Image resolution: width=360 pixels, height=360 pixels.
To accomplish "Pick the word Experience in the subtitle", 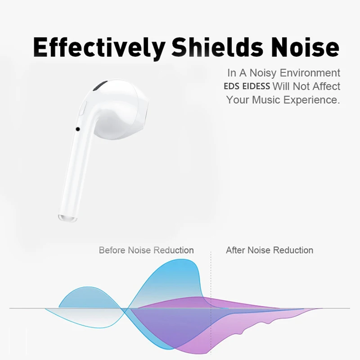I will click(311, 100).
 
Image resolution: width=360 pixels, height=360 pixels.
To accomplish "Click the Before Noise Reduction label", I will click(146, 250).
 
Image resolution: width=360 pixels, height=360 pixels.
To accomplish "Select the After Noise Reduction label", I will click(269, 250).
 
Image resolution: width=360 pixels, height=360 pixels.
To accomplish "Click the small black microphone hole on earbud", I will click(78, 129).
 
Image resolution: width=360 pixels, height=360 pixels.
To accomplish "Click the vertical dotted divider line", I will click(211, 279).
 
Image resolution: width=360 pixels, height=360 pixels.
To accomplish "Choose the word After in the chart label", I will click(235, 250).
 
